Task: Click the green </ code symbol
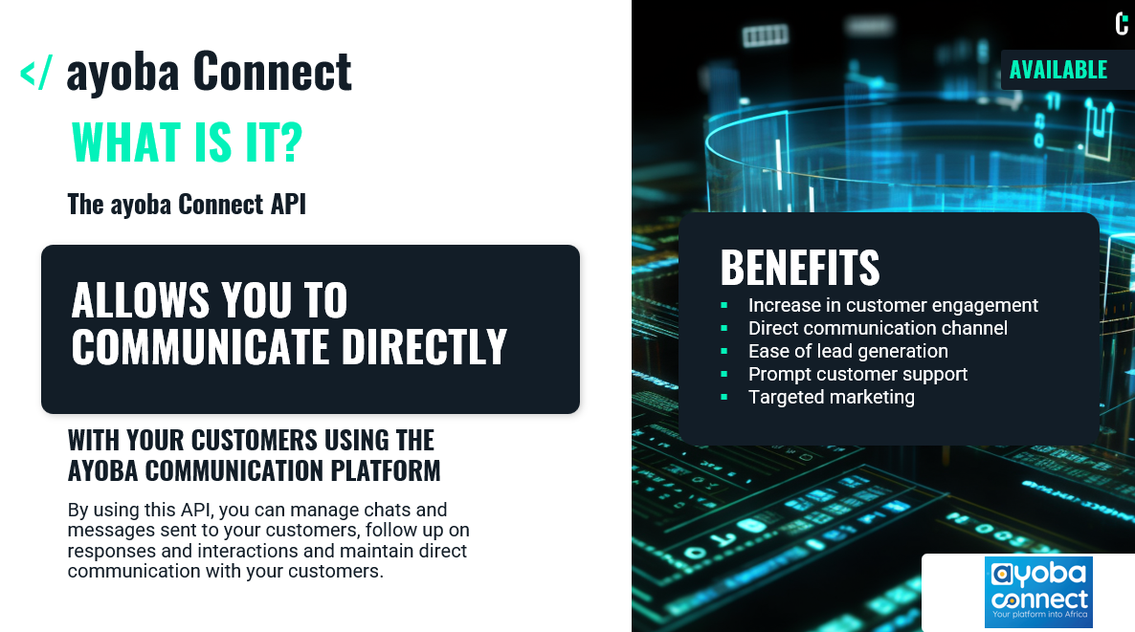[36, 73]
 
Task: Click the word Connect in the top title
[272, 72]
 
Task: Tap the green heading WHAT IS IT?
[187, 142]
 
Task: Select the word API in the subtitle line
[288, 204]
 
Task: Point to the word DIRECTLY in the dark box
[423, 346]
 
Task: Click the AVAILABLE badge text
[1058, 70]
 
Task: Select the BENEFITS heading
[800, 268]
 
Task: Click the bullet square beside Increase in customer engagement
[723, 306]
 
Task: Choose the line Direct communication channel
[878, 328]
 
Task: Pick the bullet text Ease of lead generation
[848, 352]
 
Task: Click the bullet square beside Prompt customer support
[723, 375]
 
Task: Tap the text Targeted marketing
[831, 397]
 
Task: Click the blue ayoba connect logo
[1038, 592]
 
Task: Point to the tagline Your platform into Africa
[1039, 615]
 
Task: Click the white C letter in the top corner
[1122, 24]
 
